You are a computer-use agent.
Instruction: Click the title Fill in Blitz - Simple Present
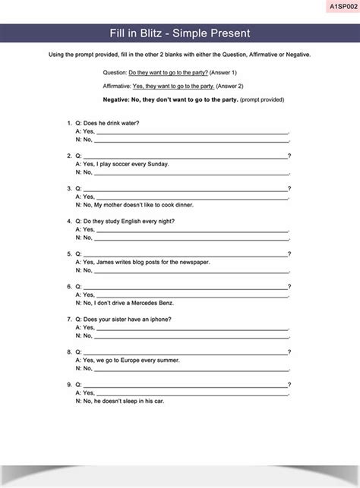click(x=180, y=33)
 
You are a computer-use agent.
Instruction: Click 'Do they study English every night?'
click(x=129, y=221)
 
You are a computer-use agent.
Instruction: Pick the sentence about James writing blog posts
click(x=146, y=262)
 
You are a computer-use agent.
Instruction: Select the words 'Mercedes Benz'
click(x=155, y=303)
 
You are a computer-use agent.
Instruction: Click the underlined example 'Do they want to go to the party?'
click(x=169, y=72)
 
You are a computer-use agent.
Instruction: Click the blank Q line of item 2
click(x=185, y=156)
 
